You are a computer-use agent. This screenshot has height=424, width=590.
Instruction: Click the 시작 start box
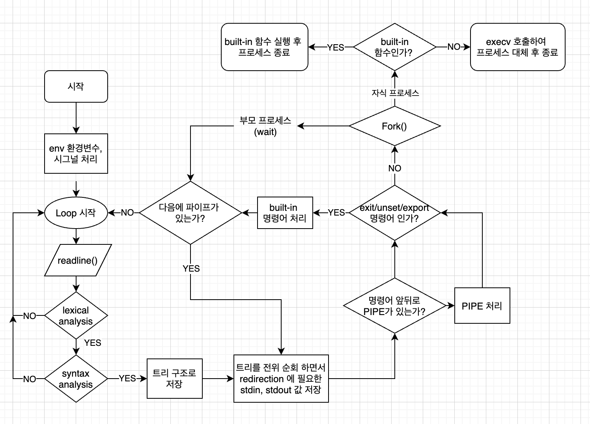tap(76, 86)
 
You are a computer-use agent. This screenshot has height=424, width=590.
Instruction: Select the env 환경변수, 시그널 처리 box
tap(76, 154)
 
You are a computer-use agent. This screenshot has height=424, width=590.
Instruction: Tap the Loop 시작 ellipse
tap(76, 213)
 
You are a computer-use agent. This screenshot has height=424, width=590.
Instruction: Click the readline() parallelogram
tap(78, 260)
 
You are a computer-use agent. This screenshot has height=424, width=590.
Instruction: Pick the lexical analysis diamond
tap(76, 315)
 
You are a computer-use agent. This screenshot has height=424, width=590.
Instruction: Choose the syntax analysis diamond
tap(76, 379)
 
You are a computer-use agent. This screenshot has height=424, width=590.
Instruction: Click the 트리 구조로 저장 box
tap(174, 379)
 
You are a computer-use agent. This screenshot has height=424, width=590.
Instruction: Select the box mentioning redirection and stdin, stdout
tap(281, 379)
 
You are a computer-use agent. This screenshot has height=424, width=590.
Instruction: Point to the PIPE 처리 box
tap(482, 306)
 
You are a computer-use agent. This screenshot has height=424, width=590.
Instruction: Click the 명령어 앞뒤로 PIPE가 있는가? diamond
tap(394, 306)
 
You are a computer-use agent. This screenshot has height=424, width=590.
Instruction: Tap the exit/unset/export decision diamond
tap(394, 213)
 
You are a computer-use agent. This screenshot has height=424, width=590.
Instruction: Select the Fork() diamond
tap(394, 126)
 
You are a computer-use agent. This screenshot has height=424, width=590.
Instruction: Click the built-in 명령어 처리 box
tap(285, 213)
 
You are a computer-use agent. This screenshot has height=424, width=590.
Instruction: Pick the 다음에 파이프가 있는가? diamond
tap(190, 213)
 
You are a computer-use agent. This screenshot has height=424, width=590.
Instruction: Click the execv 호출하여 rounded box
tap(517, 47)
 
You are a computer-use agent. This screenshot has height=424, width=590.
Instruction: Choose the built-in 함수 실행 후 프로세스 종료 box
tap(264, 47)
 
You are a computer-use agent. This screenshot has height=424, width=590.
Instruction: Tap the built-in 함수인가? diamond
tap(394, 47)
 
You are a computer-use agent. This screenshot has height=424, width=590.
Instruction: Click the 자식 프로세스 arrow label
tap(395, 93)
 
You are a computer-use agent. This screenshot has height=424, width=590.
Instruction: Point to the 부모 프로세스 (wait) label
tap(265, 126)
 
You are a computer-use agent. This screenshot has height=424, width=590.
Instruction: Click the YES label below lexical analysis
tap(93, 343)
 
